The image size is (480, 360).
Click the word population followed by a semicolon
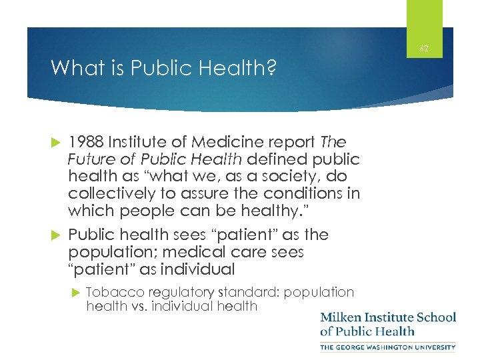[x=110, y=252]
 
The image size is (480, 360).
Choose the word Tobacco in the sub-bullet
[x=109, y=291]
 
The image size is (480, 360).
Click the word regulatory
[x=173, y=291]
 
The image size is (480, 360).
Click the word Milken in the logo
[x=341, y=317]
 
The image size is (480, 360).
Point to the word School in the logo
[x=436, y=317]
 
